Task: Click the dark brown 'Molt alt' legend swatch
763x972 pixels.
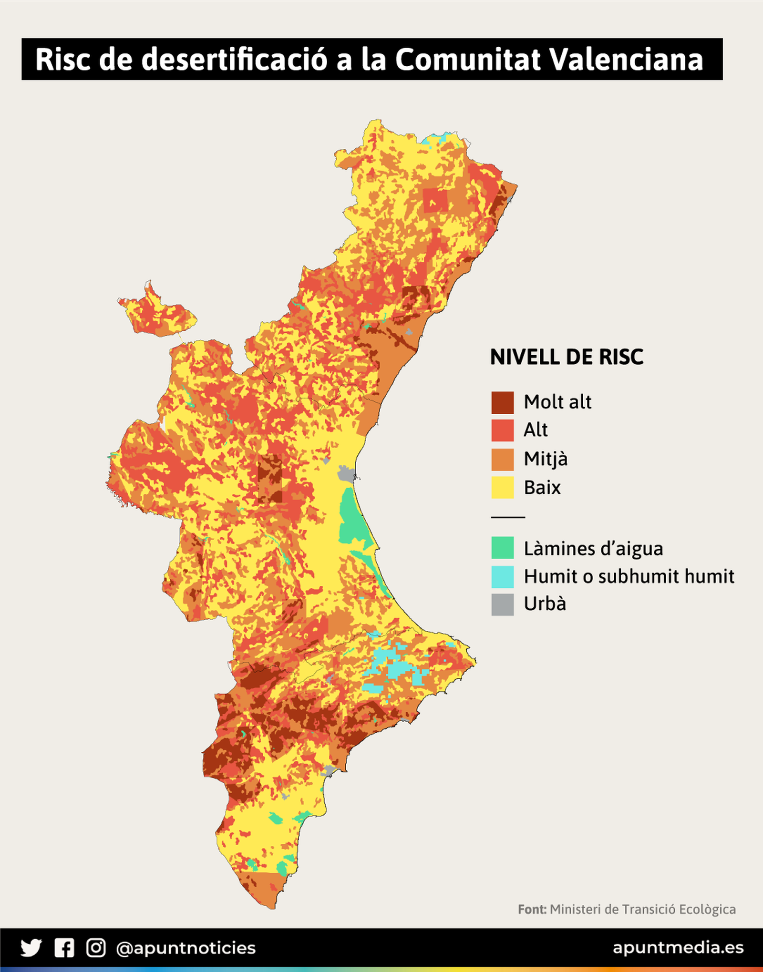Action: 503,402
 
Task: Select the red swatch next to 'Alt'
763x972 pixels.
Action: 503,430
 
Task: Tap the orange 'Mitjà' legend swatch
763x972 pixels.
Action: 503,459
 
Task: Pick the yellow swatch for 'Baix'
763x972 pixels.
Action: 503,487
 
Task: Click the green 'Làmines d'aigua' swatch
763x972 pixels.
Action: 503,548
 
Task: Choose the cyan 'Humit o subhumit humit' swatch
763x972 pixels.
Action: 503,576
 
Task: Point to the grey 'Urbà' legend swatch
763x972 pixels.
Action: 503,604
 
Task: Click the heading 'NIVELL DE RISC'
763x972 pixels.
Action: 567,357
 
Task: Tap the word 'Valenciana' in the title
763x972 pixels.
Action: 626,60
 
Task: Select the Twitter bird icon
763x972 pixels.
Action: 31,948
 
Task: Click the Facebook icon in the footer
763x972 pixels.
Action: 64,948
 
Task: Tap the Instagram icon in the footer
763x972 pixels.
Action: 96,948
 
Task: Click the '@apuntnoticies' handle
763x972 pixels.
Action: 186,948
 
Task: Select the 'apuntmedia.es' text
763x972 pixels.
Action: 678,948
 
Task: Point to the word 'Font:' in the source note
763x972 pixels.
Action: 532,910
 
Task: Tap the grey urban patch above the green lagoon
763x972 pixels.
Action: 346,475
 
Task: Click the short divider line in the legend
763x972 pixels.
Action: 508,517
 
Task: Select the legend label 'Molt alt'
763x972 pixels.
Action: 557,402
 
